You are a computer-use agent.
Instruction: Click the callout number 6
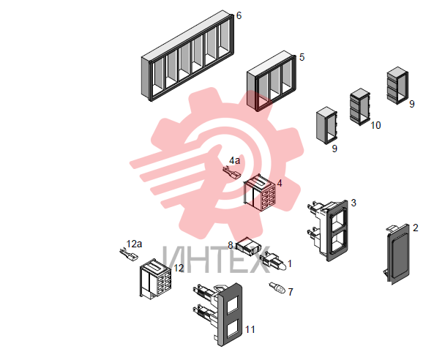point(239,16)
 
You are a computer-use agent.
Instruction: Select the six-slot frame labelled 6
point(187,56)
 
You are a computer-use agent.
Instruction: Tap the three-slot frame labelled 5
point(272,80)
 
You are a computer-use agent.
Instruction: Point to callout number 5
point(302,57)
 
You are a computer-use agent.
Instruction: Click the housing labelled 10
point(360,107)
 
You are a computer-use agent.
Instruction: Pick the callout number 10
point(375,125)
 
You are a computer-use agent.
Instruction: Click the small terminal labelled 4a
point(232,173)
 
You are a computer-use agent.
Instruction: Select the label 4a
point(234,160)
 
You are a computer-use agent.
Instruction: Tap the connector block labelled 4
point(259,192)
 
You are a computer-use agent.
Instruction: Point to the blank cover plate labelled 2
point(397,254)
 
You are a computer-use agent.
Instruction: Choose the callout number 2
point(415,228)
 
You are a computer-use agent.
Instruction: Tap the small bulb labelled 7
point(277,288)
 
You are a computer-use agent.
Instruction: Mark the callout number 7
point(291,292)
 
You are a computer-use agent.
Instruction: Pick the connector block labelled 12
point(155,279)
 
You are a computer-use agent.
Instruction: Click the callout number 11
point(250,329)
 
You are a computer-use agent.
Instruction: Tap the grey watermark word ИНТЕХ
point(217,260)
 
